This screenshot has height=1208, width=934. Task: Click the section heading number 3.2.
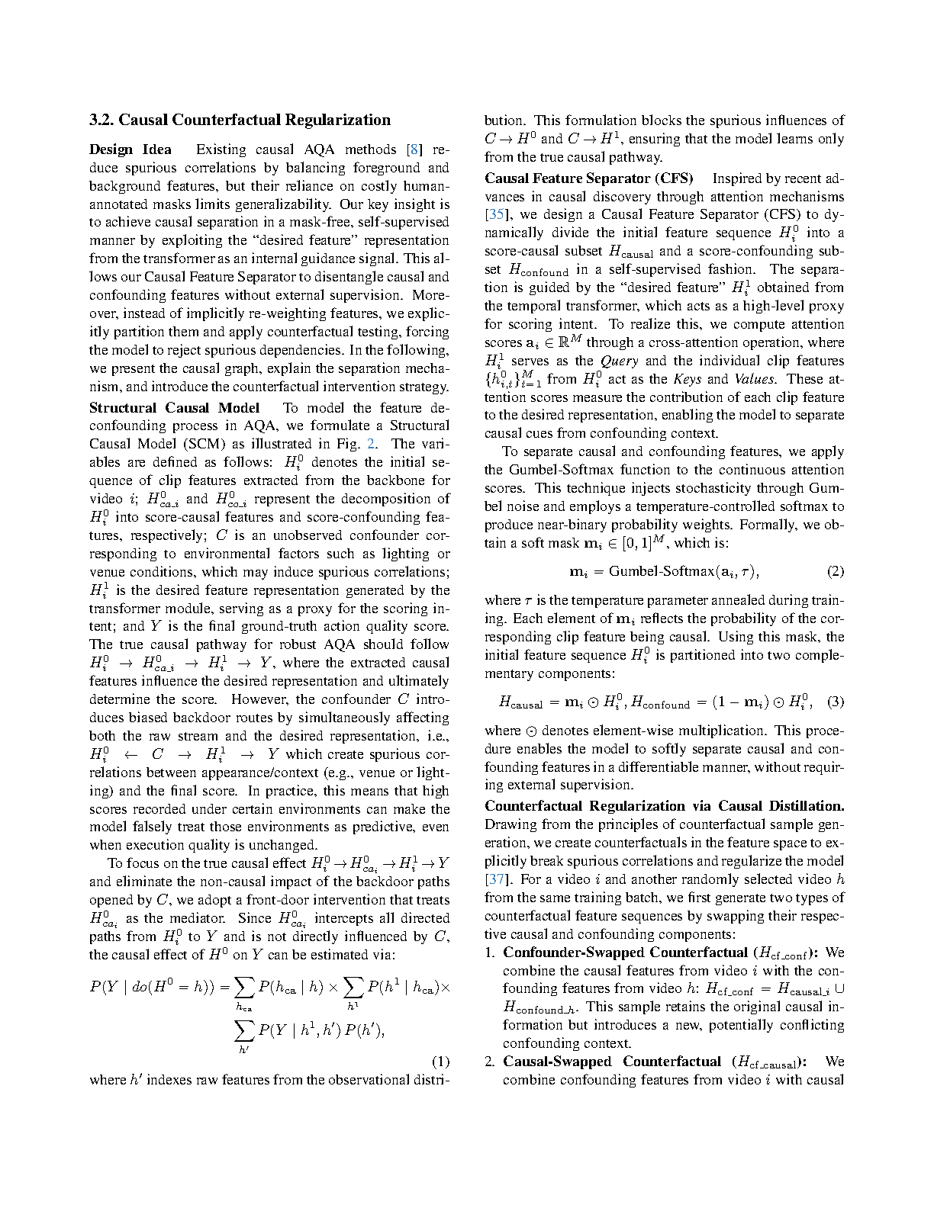pos(101,120)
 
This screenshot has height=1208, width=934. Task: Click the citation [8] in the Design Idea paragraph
pos(414,149)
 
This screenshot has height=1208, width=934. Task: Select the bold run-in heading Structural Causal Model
pos(174,408)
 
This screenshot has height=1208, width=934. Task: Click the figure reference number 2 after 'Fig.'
pos(372,444)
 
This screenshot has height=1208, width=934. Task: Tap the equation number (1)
pos(440,1062)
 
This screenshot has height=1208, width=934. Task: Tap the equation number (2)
pos(836,571)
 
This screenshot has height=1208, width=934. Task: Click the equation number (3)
pos(836,702)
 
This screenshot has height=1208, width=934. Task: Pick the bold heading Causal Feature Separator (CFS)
pos(588,178)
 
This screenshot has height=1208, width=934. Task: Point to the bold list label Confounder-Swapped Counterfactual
pos(625,953)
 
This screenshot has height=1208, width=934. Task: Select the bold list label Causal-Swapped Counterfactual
pos(611,1062)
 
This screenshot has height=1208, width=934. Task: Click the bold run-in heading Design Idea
pos(130,149)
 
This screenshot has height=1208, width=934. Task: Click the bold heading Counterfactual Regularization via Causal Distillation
pos(664,806)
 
